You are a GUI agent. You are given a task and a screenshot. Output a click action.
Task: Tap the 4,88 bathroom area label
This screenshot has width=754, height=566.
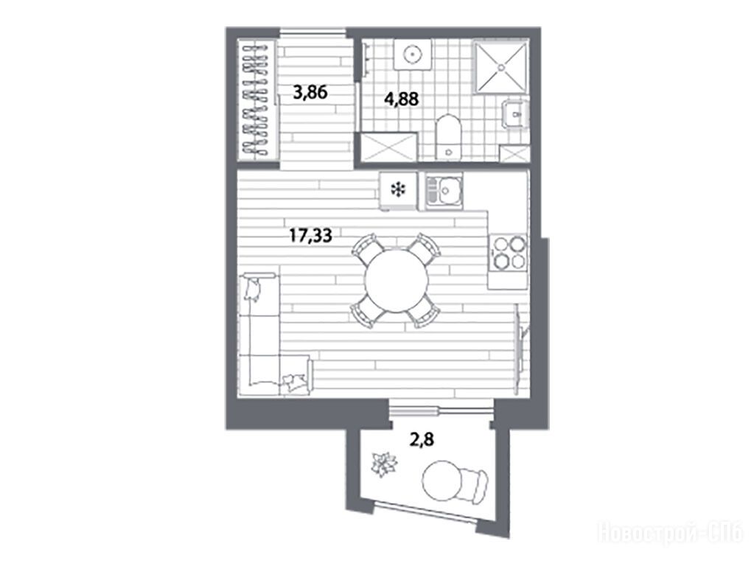401,99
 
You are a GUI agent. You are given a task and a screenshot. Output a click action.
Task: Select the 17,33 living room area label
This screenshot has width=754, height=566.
310,236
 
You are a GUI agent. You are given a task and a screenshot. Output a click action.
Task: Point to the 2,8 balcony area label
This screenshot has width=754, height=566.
422,439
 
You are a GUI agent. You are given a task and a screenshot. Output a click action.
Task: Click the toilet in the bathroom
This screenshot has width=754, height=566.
448,136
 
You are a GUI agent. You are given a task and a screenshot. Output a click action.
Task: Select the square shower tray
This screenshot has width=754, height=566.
501,67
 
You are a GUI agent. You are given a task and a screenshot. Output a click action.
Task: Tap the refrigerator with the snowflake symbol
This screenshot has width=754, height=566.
398,191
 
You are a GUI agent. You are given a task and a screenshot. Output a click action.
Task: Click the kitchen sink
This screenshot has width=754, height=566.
444,192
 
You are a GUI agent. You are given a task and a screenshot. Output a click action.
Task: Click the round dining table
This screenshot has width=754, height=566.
397,281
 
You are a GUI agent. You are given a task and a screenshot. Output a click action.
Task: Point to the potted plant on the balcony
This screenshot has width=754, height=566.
384,464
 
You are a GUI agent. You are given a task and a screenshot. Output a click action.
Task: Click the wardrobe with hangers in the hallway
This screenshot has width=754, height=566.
258,100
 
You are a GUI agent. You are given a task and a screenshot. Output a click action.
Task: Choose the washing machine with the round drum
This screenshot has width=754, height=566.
412,55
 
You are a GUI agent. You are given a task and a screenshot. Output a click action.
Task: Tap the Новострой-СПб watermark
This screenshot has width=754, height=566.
670,533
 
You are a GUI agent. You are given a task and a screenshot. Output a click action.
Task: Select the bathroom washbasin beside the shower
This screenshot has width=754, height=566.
515,115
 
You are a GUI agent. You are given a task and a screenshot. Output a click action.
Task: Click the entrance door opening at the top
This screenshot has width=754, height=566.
313,32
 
